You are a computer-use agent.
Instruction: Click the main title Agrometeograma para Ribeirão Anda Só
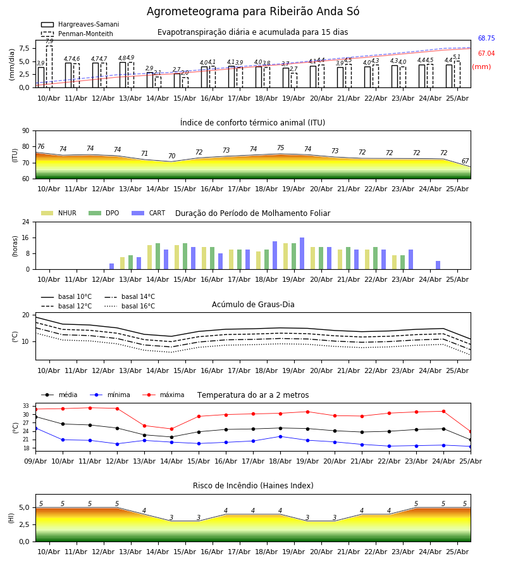tap(253, 11)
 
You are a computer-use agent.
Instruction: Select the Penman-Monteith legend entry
tap(77, 34)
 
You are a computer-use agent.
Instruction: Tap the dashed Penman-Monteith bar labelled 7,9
tap(49, 66)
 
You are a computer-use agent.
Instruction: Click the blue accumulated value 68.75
tap(486, 38)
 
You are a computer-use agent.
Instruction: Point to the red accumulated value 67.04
tap(486, 53)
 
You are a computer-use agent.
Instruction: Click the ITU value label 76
tap(41, 146)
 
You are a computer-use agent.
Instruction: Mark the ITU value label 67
tap(465, 161)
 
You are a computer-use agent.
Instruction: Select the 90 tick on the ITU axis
tap(26, 130)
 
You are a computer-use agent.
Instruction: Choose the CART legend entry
tap(149, 213)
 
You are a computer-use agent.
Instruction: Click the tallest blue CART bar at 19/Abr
tap(302, 253)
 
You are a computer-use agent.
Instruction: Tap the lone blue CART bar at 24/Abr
tap(438, 265)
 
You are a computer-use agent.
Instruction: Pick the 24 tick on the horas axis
tap(26, 222)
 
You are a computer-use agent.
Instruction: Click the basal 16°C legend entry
tap(130, 306)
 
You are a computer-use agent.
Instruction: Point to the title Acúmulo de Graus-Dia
tap(253, 304)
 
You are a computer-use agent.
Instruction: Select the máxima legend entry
tap(163, 395)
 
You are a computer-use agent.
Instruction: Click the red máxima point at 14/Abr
tap(171, 429)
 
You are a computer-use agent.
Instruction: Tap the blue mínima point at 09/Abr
tap(35, 429)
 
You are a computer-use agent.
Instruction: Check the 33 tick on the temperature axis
tap(26, 406)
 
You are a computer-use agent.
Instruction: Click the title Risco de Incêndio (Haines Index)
tap(253, 486)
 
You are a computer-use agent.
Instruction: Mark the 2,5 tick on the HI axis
tap(24, 524)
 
